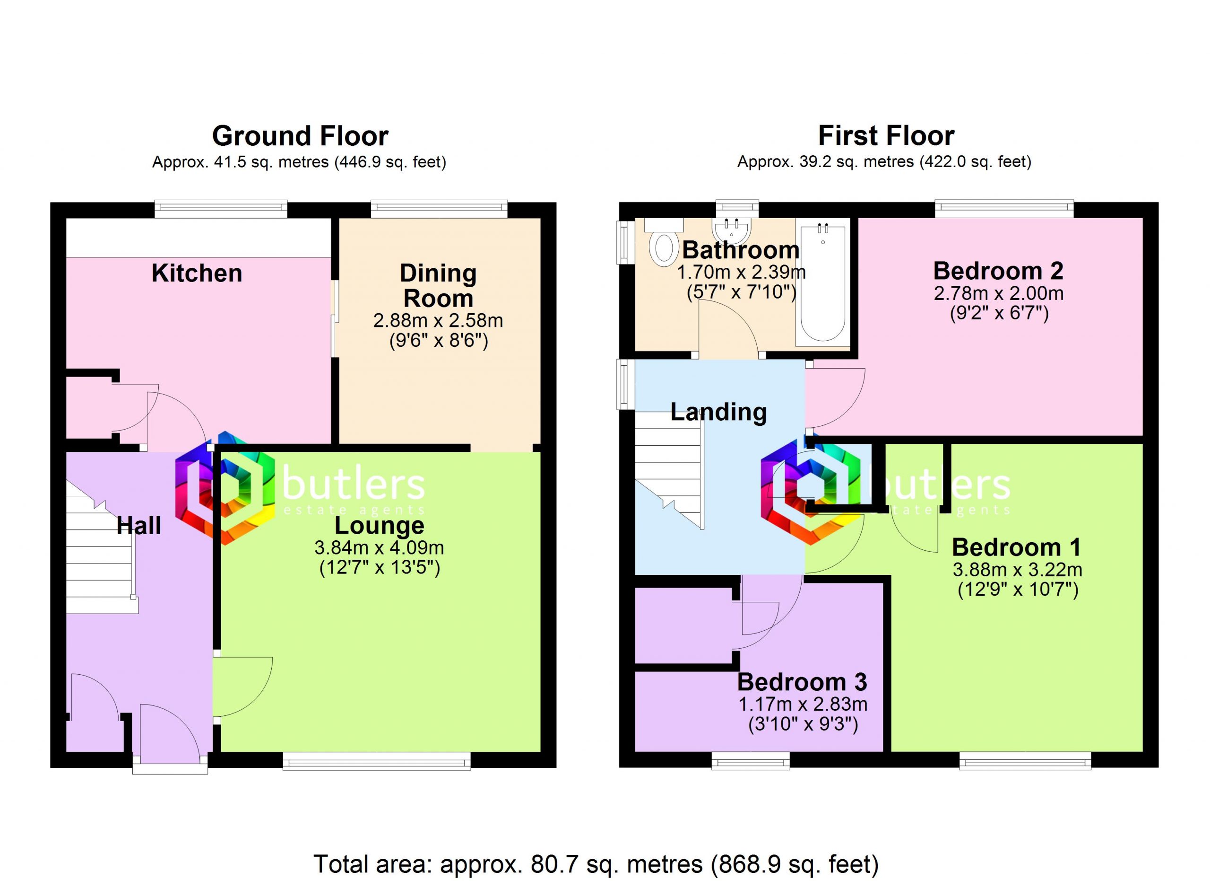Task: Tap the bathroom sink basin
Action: click(732, 231)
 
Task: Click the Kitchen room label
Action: click(197, 273)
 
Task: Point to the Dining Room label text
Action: click(438, 286)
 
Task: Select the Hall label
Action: click(138, 526)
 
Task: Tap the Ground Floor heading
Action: click(300, 136)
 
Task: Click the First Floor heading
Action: click(886, 136)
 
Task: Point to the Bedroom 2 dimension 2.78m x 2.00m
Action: click(998, 293)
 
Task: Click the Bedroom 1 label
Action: click(1016, 547)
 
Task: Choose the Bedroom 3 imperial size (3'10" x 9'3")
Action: click(803, 724)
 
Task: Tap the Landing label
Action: click(718, 412)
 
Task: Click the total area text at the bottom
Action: click(596, 863)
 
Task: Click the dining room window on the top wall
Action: click(439, 209)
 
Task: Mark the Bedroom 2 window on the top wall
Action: click(1004, 209)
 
